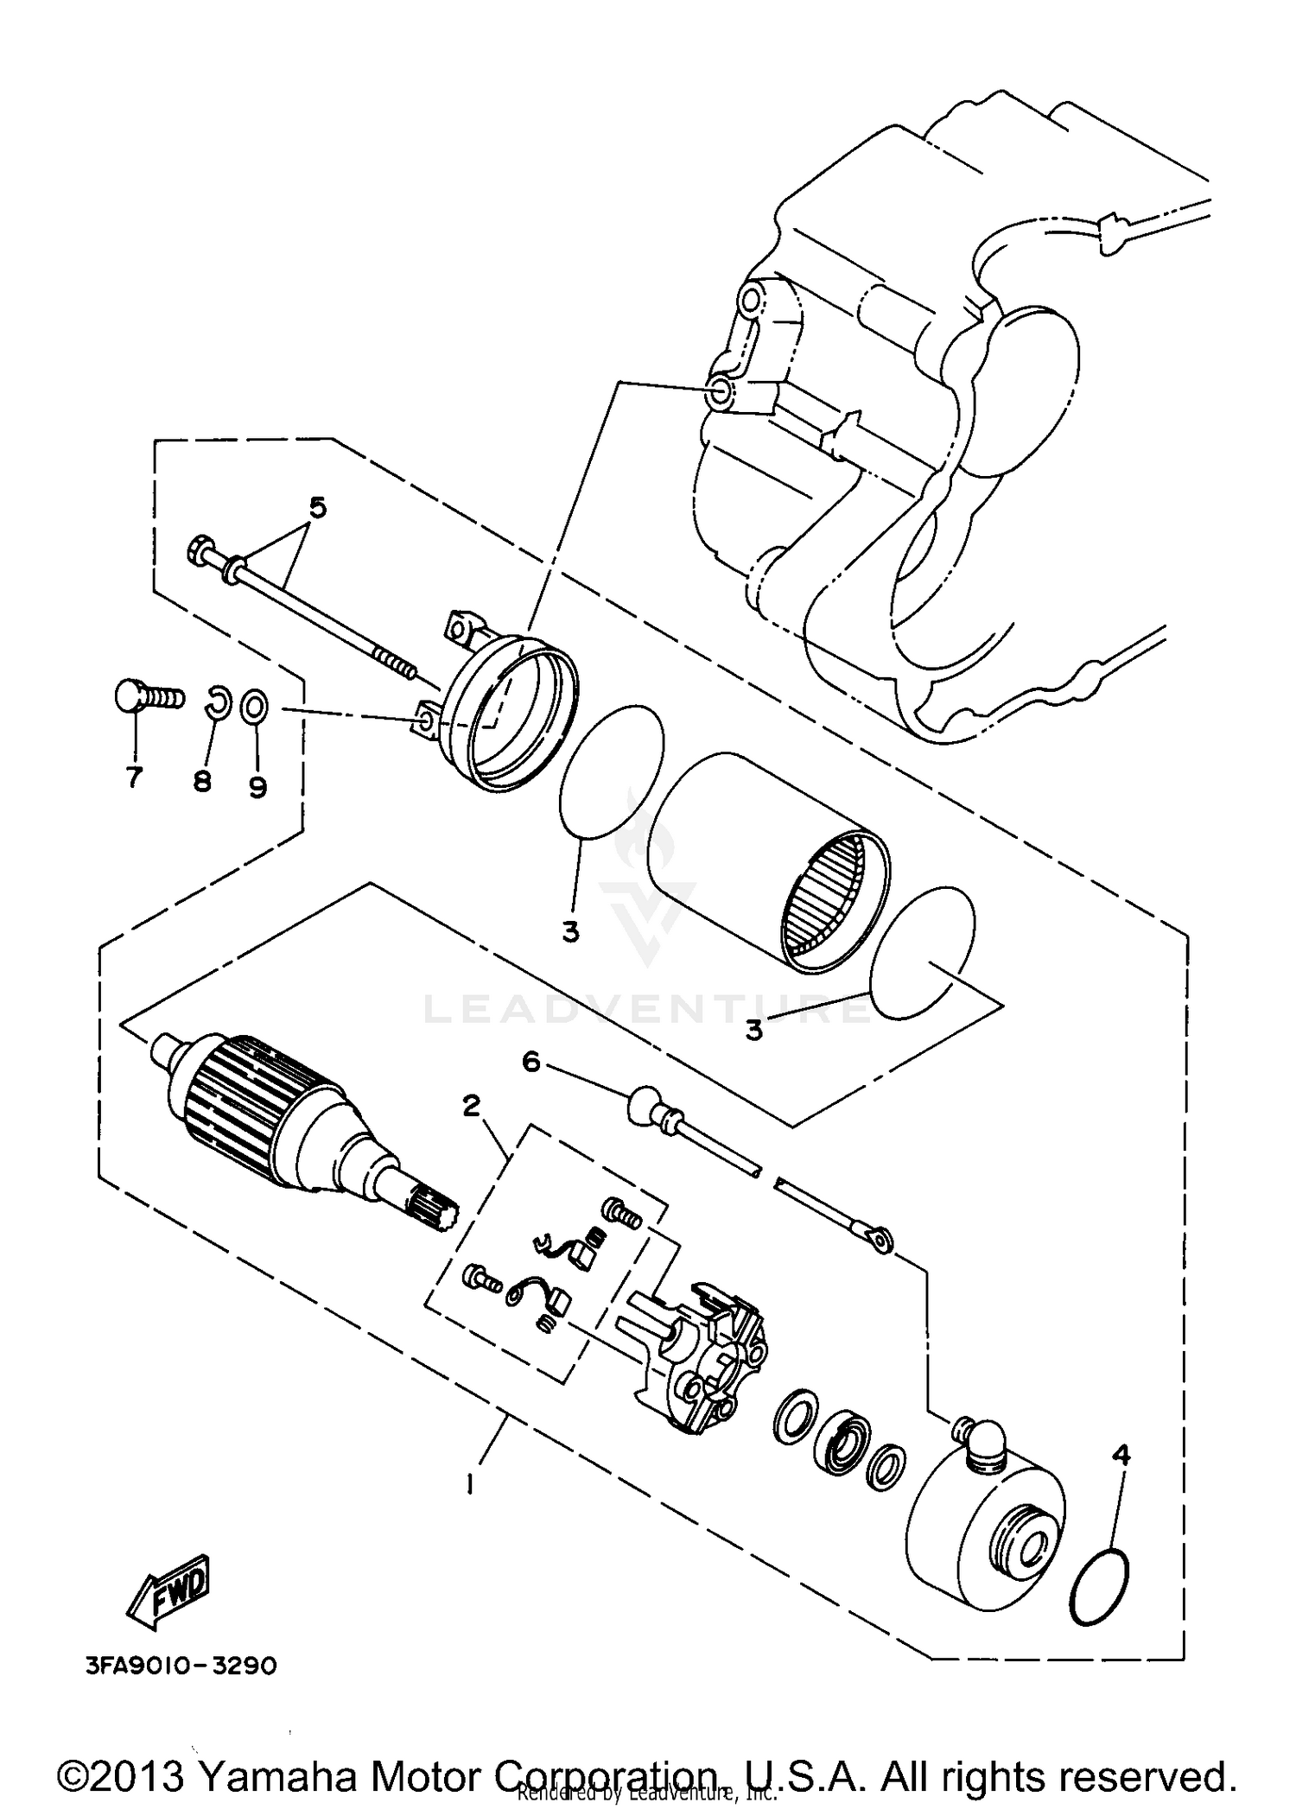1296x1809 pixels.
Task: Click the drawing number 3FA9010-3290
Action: tap(181, 1666)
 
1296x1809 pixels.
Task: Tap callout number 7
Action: tap(134, 778)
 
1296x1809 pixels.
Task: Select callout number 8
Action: tap(201, 782)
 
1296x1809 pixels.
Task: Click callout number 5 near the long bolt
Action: tap(318, 508)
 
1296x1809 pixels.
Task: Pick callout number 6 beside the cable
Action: tap(530, 1062)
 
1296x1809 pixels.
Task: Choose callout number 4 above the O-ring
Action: tap(1121, 1455)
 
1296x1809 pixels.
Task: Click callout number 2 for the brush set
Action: tap(471, 1105)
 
